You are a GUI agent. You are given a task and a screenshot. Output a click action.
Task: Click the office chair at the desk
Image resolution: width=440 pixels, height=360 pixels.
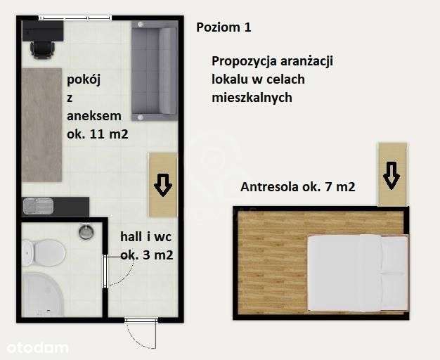pos(42,49)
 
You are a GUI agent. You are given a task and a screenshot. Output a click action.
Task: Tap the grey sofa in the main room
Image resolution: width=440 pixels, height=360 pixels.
pos(154,70)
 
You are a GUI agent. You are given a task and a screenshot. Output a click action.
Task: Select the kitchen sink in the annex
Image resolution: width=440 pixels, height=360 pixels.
pos(37,206)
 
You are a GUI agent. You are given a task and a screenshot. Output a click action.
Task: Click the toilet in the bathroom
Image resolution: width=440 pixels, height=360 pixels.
pos(44,251)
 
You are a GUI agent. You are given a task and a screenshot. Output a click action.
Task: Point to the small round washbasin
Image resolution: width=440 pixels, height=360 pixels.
pos(86,232)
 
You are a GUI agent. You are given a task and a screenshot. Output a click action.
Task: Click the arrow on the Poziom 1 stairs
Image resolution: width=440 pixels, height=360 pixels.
pos(162,185)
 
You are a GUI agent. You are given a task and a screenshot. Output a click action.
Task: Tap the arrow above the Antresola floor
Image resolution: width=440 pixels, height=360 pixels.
pos(392,174)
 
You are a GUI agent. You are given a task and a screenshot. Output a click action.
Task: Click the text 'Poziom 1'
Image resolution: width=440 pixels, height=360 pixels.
pos(223,27)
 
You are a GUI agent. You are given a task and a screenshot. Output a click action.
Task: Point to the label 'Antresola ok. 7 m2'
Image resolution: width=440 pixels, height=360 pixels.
pos(297,187)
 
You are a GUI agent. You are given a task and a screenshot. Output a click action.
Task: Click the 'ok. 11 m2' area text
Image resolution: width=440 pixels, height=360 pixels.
pos(97,134)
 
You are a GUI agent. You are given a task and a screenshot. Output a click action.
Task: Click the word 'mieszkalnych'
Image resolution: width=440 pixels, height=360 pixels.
pos(251,98)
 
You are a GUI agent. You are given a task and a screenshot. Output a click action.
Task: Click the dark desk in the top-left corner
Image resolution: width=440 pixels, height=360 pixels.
pos(42,30)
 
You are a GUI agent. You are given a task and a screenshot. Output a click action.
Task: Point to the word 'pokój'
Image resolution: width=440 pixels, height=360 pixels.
pos(84,79)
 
